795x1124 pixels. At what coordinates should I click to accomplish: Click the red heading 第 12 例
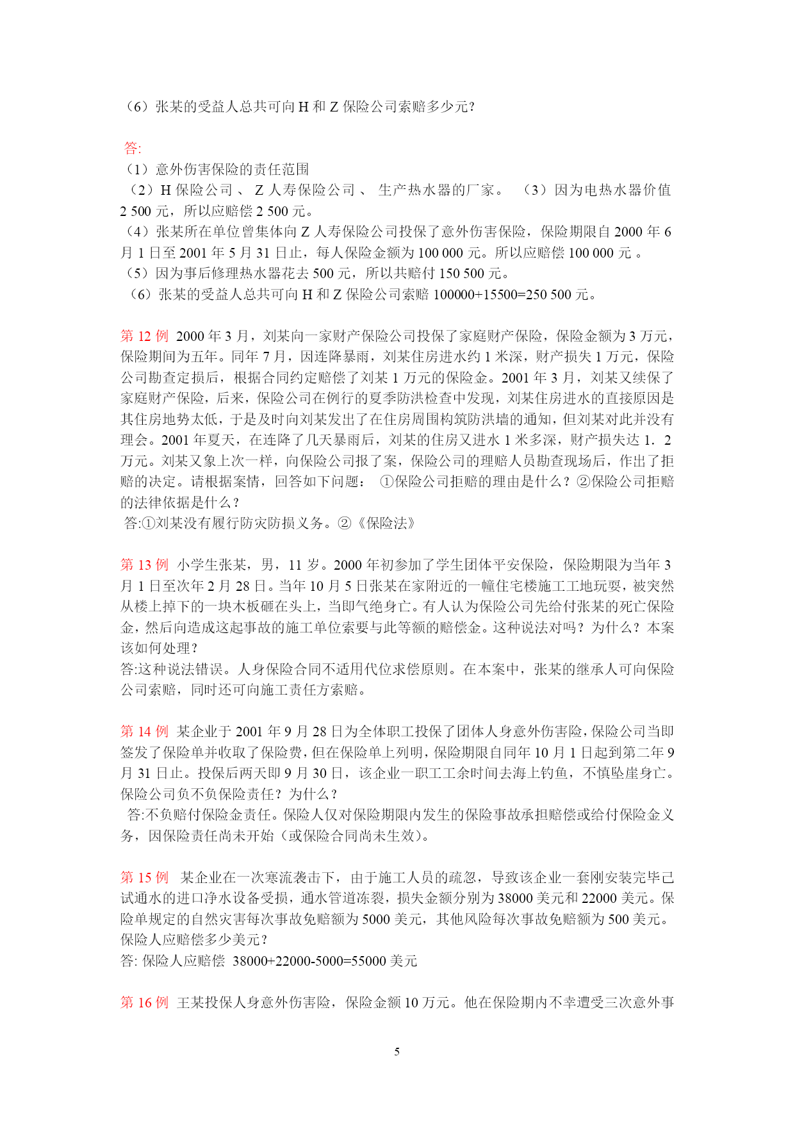click(x=144, y=336)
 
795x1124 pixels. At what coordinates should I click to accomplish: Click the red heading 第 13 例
click(x=144, y=565)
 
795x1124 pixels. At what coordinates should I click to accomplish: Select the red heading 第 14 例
click(x=144, y=731)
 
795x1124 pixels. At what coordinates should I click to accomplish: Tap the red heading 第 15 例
click(x=144, y=877)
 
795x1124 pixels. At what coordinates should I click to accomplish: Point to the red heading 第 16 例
click(x=144, y=1002)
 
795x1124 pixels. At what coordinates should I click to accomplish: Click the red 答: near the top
click(x=133, y=148)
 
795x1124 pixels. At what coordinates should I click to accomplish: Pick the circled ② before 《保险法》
click(x=345, y=523)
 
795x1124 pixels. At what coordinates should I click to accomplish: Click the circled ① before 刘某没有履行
click(x=148, y=523)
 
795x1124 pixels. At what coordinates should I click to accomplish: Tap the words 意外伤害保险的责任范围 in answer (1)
click(x=233, y=169)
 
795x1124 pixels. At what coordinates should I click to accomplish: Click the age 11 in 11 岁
click(x=295, y=565)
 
